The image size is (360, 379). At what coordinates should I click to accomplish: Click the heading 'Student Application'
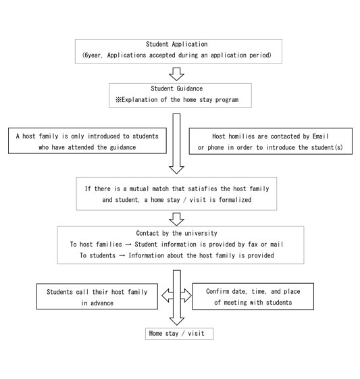pyautogui.click(x=176, y=44)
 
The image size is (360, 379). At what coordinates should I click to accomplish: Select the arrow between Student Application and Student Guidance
pyautogui.click(x=176, y=74)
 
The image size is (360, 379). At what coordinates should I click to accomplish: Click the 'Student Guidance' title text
pyautogui.click(x=176, y=89)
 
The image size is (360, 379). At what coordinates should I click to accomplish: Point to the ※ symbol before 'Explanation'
pyautogui.click(x=118, y=99)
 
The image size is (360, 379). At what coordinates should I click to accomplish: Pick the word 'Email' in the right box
pyautogui.click(x=321, y=136)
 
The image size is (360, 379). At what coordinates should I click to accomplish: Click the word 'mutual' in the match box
pyautogui.click(x=139, y=188)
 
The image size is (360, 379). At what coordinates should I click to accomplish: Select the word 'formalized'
pyautogui.click(x=235, y=200)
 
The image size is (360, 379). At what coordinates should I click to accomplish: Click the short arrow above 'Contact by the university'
pyautogui.click(x=176, y=220)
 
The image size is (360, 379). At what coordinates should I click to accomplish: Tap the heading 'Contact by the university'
pyautogui.click(x=176, y=233)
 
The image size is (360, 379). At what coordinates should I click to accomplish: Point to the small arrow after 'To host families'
pyautogui.click(x=128, y=245)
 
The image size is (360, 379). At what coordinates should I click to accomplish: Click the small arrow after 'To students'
pyautogui.click(x=122, y=255)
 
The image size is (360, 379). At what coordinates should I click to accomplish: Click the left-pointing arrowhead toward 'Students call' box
pyautogui.click(x=168, y=295)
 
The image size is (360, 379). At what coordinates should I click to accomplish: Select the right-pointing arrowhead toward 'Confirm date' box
pyautogui.click(x=186, y=295)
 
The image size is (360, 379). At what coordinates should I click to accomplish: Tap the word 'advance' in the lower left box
pyautogui.click(x=102, y=303)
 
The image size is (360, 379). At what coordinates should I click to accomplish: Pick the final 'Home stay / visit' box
pyautogui.click(x=179, y=334)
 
